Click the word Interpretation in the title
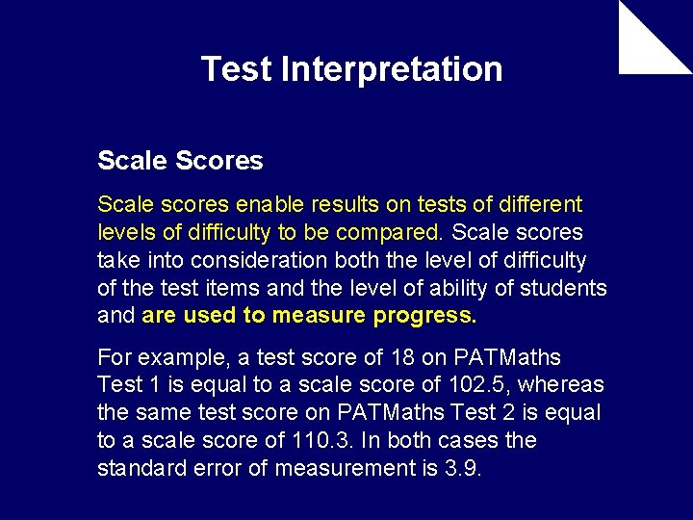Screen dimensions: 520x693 click(392, 69)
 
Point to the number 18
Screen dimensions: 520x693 click(402, 357)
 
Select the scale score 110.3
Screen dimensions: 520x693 click(320, 441)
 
